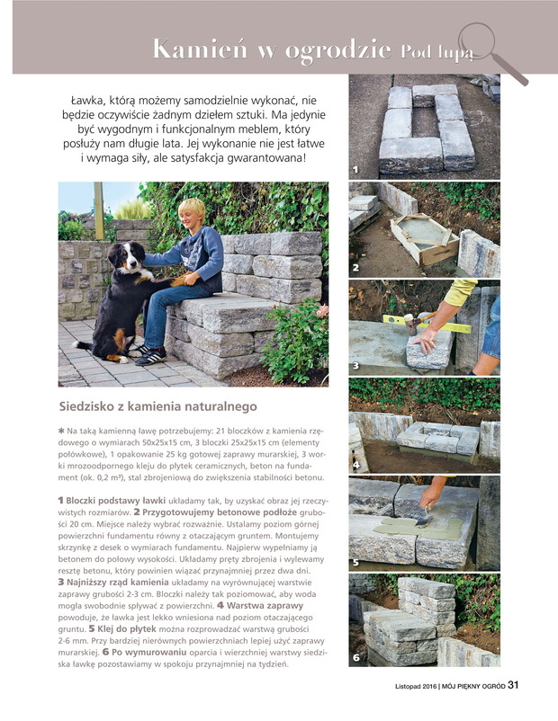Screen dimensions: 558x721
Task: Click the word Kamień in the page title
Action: click(200, 49)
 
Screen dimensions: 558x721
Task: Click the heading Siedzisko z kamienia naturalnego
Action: click(157, 406)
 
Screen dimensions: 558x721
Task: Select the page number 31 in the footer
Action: click(513, 685)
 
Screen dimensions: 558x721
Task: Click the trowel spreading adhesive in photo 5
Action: click(425, 518)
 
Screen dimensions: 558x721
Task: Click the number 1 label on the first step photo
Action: click(355, 170)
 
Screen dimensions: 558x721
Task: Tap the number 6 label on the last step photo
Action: click(356, 657)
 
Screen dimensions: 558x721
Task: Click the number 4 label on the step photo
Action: click(355, 465)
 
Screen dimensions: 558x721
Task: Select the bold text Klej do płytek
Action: click(127, 628)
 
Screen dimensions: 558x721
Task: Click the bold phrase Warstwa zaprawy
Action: click(265, 606)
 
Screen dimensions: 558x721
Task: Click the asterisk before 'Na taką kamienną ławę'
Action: click(61, 431)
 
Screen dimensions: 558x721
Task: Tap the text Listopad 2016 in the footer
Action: click(415, 686)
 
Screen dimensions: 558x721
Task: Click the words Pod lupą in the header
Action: click(436, 52)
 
